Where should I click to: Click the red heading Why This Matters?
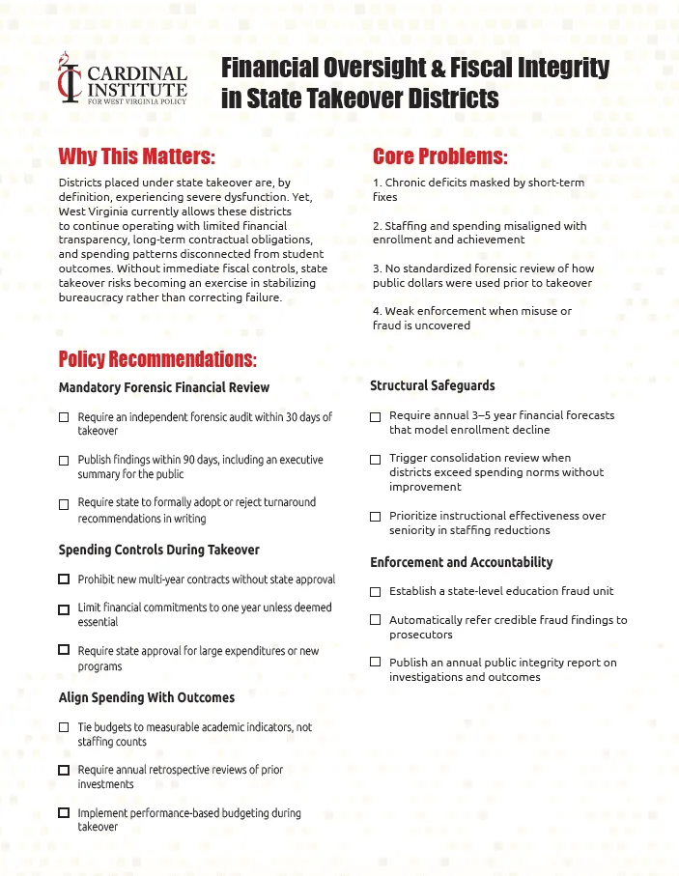click(x=136, y=156)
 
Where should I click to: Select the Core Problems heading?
click(x=439, y=156)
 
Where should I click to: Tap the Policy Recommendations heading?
click(x=157, y=359)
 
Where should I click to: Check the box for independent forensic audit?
click(x=64, y=418)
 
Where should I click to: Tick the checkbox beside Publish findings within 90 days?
click(x=64, y=461)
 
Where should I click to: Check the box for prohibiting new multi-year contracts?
click(x=64, y=579)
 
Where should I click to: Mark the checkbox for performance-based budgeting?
click(x=64, y=813)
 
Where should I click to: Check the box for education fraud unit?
click(x=376, y=591)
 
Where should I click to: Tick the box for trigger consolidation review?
click(x=376, y=459)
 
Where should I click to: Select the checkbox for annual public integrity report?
click(x=376, y=663)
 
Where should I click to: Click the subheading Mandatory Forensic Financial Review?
click(x=163, y=387)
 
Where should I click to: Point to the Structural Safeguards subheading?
click(x=432, y=385)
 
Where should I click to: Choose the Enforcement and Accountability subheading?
click(x=461, y=562)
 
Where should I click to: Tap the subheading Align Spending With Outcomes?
click(x=146, y=696)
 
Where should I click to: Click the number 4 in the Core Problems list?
click(x=376, y=311)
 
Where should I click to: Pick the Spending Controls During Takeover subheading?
click(x=158, y=550)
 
